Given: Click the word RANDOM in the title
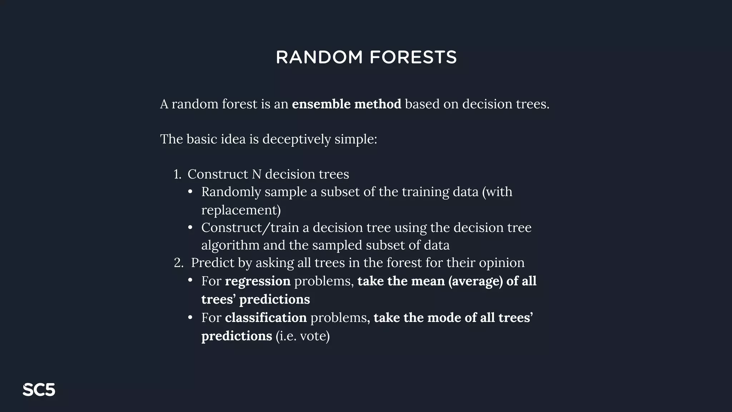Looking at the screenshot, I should pyautogui.click(x=319, y=57).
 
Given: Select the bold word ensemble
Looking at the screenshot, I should pyautogui.click(x=321, y=104).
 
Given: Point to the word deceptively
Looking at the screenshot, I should pyautogui.click(x=297, y=139).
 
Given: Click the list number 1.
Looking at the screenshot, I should pyautogui.click(x=177, y=174).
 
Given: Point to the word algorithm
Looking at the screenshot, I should pyautogui.click(x=230, y=245).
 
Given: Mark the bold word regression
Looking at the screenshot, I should pyautogui.click(x=258, y=281).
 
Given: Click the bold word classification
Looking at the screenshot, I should pyautogui.click(x=266, y=318).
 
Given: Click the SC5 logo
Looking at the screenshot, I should pyautogui.click(x=39, y=390).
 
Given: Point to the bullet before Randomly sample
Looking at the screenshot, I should pyautogui.click(x=191, y=192).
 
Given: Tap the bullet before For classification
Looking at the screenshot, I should pyautogui.click(x=191, y=318).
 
